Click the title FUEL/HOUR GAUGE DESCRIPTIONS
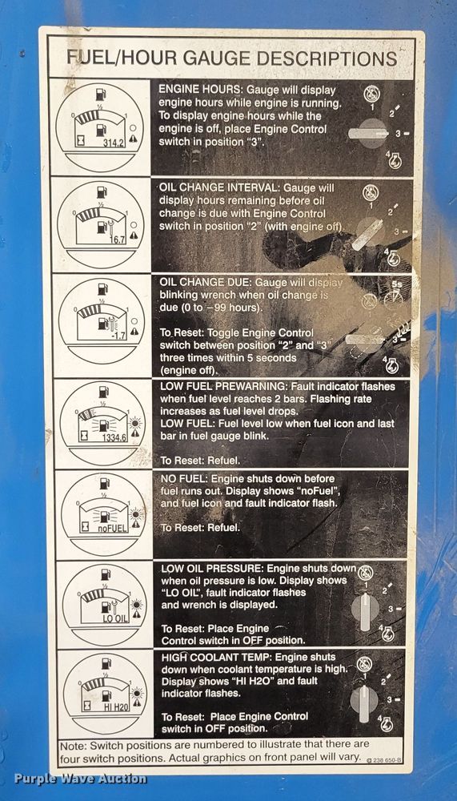(x=232, y=58)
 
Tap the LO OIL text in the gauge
(x=112, y=618)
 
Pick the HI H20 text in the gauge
(x=112, y=707)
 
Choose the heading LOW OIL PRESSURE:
(x=211, y=568)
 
